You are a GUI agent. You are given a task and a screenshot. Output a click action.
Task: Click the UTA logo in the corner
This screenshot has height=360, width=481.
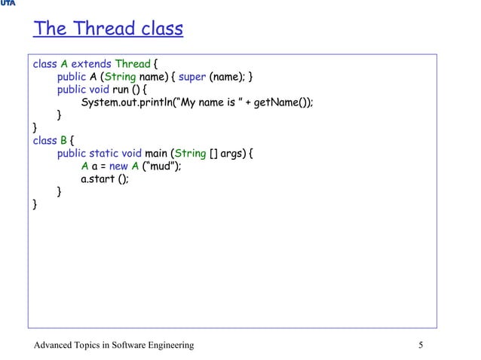[x=8, y=4]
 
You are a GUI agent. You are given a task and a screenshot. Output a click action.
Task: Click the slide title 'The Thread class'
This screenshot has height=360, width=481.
[x=108, y=29]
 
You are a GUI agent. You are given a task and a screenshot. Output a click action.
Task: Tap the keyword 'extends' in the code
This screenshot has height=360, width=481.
[x=90, y=64]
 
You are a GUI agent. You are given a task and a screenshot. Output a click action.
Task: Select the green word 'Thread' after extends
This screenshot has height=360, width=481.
[x=132, y=64]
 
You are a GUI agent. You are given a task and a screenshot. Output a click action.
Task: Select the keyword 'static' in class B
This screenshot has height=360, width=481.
[x=106, y=154]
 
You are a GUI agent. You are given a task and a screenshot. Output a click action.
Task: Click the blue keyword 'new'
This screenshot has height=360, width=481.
[x=119, y=166]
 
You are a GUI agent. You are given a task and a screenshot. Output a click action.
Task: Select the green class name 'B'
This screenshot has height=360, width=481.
[x=63, y=141]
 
